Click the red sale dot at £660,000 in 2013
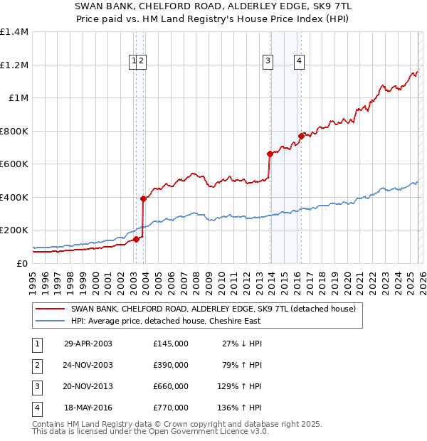270,154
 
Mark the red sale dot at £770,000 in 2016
301,135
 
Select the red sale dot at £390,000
143,198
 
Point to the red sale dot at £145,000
136,239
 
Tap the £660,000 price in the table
170,386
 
